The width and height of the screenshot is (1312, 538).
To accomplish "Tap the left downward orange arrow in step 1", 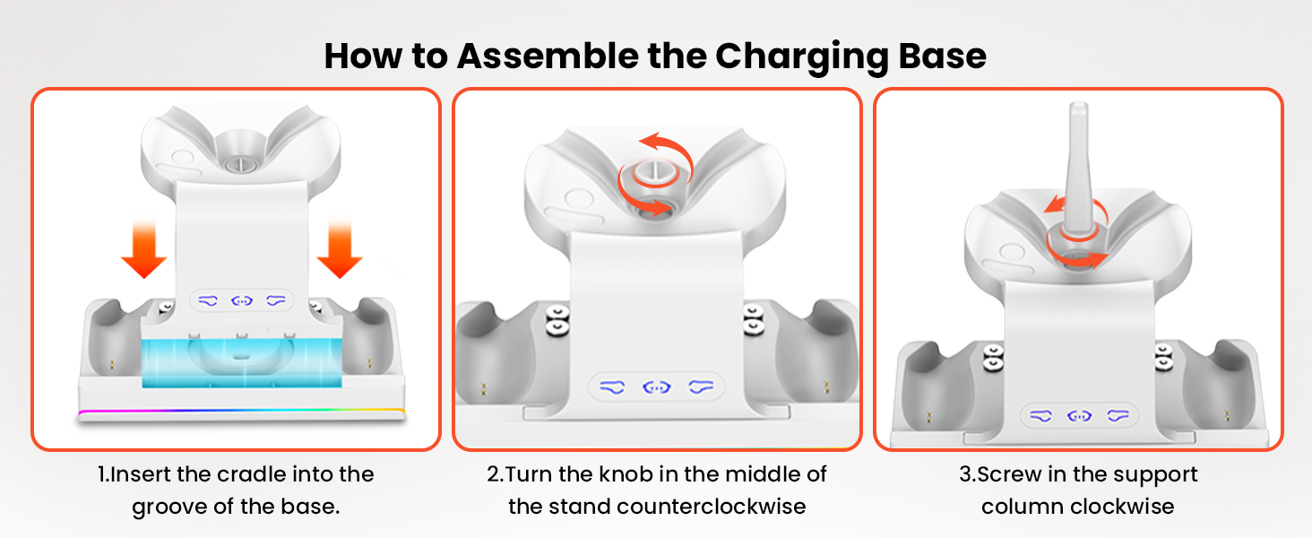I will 144,254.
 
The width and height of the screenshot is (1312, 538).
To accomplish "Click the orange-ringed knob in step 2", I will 657,179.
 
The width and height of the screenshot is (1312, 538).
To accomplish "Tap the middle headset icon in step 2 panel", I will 657,387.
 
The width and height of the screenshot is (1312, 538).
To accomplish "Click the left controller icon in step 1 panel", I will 210,300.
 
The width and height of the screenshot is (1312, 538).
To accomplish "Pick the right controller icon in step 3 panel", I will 1118,415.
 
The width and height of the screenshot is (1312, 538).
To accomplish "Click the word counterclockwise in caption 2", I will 712,507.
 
